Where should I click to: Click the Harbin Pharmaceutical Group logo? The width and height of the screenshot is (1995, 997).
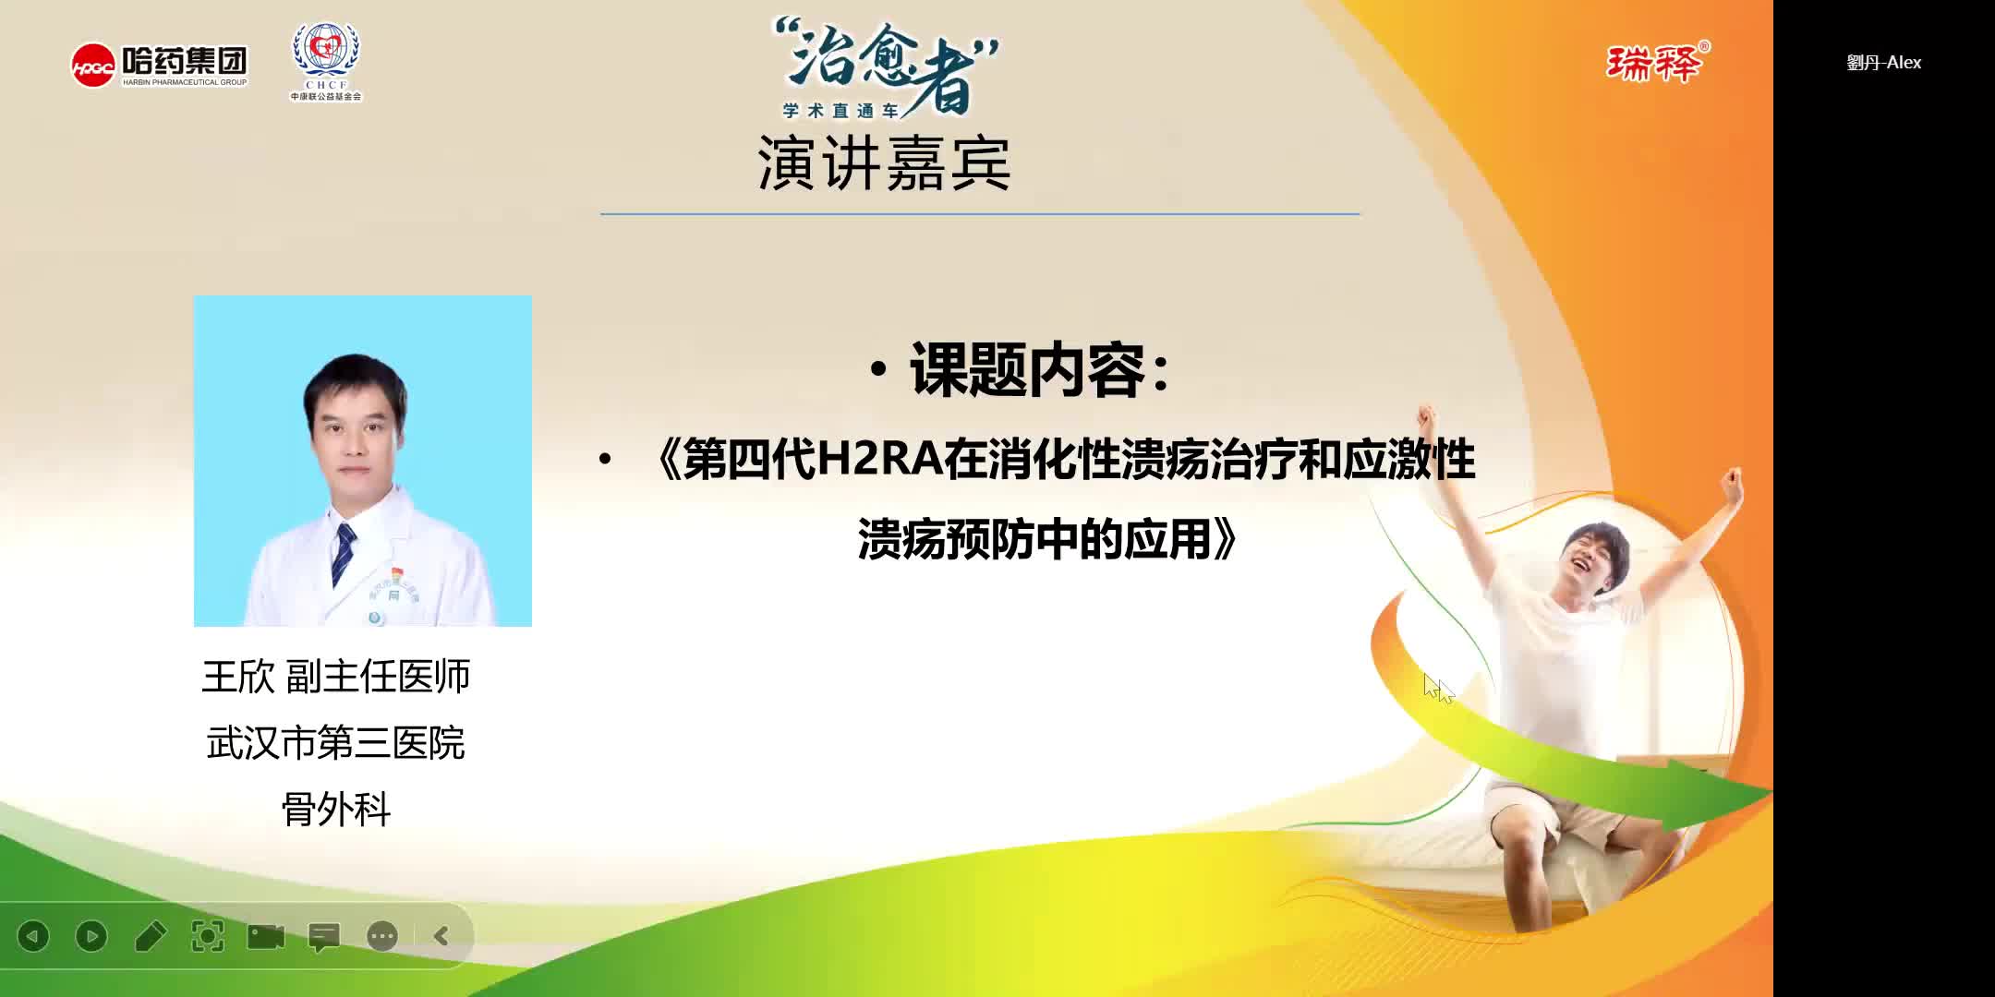click(x=159, y=65)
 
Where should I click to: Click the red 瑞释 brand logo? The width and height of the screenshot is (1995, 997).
click(x=1656, y=63)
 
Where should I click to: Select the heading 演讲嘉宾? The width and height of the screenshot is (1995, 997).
click(x=884, y=164)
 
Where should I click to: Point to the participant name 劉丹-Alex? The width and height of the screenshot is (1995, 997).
click(x=1883, y=63)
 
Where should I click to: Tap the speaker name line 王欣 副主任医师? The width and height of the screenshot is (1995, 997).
click(x=336, y=677)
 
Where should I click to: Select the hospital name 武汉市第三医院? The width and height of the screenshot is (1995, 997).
click(x=336, y=743)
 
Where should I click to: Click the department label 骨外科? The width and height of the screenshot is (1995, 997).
click(x=336, y=810)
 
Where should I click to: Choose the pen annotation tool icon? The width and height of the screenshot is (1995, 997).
click(x=150, y=936)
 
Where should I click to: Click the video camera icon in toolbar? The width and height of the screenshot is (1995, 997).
click(x=266, y=936)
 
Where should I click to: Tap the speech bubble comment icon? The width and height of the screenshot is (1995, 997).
click(x=324, y=937)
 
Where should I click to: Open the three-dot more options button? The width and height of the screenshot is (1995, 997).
click(x=382, y=936)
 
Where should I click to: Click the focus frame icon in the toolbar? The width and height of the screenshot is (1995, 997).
click(x=208, y=936)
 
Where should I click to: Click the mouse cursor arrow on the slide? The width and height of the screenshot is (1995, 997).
click(x=1436, y=688)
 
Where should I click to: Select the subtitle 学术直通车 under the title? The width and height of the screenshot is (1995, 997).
click(x=840, y=111)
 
